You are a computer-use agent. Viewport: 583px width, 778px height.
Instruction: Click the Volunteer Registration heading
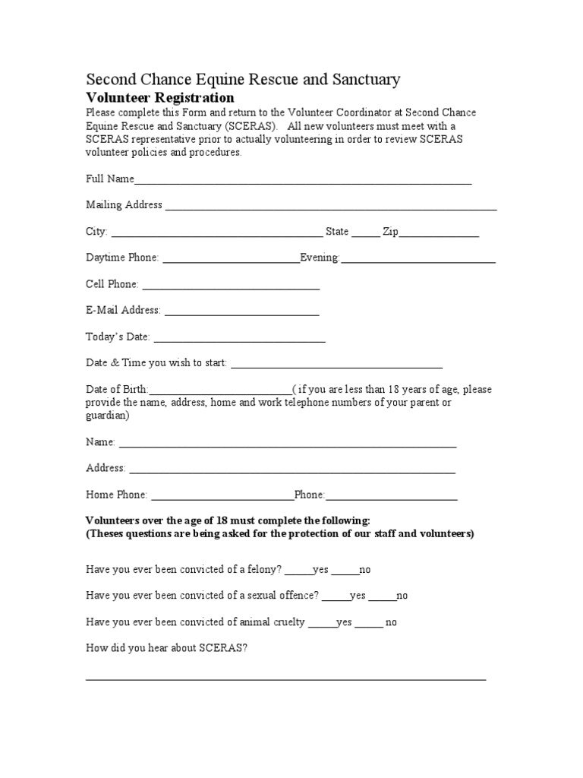(x=159, y=98)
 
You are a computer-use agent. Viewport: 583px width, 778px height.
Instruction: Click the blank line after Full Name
(x=303, y=180)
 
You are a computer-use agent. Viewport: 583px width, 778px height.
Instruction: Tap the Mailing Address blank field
(x=331, y=206)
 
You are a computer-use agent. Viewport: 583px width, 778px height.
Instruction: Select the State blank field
(x=366, y=233)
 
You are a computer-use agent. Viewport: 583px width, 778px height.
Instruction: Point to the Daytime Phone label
(x=122, y=258)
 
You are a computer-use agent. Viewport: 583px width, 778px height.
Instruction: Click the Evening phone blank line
(x=418, y=259)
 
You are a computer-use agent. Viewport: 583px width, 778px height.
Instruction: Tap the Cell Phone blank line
(x=231, y=286)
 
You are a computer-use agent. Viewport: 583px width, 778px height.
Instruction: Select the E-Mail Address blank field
(x=241, y=312)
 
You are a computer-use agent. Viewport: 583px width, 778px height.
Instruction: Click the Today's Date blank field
(x=239, y=338)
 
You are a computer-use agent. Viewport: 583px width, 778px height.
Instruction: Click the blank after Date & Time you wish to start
(x=336, y=364)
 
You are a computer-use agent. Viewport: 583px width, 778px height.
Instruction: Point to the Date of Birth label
(x=117, y=390)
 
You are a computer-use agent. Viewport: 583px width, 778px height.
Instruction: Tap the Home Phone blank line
(x=222, y=496)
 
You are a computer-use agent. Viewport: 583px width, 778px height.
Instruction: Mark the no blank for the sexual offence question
(x=383, y=597)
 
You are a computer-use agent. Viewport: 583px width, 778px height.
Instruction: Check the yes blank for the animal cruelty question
(x=323, y=624)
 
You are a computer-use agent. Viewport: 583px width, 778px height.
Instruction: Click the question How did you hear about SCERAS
(x=166, y=648)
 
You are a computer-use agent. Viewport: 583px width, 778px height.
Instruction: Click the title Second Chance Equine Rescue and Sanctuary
(x=243, y=79)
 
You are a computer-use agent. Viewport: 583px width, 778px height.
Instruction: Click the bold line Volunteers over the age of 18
(x=228, y=520)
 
